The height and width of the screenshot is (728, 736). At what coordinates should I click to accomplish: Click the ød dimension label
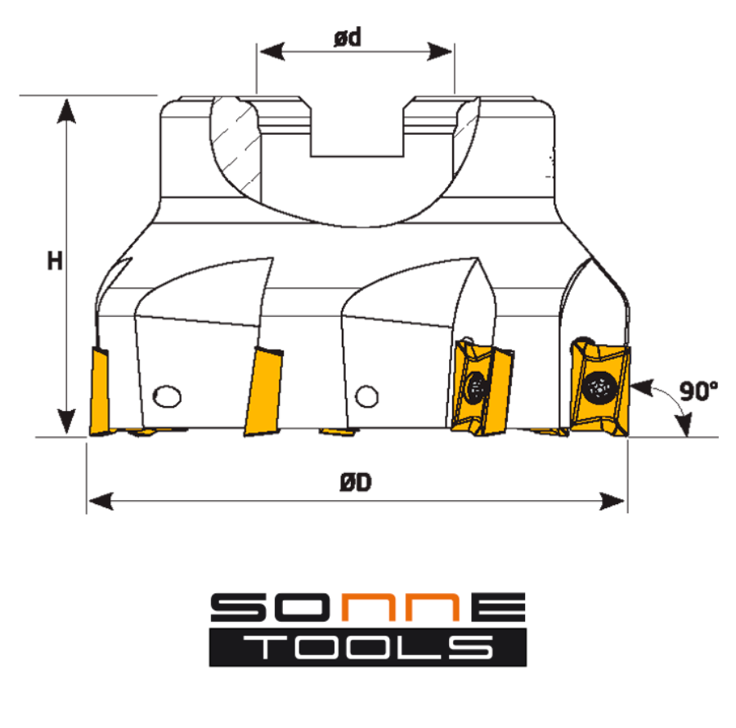tap(348, 38)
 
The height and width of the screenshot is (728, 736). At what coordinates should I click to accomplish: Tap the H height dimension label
tap(55, 261)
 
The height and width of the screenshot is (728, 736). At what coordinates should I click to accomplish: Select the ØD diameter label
tap(356, 482)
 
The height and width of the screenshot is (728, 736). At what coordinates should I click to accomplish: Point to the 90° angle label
tap(698, 391)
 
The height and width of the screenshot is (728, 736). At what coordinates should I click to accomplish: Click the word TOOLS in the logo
tap(368, 647)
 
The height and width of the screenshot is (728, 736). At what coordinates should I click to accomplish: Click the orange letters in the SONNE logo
tap(400, 607)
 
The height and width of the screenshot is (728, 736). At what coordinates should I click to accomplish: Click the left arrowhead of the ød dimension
tap(272, 51)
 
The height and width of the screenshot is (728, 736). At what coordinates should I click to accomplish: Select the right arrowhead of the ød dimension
tap(439, 51)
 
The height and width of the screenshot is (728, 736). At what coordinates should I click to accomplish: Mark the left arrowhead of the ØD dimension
tap(101, 501)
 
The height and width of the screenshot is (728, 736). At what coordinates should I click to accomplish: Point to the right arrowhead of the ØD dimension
tap(613, 501)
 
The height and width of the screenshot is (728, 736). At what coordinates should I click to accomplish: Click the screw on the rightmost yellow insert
tap(599, 387)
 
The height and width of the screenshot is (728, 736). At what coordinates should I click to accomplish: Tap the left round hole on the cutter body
tap(167, 397)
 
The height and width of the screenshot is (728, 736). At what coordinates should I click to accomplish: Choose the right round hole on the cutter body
tap(367, 397)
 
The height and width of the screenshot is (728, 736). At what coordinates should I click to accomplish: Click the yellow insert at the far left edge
tap(100, 391)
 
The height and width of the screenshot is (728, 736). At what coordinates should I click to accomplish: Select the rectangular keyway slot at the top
tap(357, 126)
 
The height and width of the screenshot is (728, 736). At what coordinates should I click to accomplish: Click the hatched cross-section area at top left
tap(236, 150)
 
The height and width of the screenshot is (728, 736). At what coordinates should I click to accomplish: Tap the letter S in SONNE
tap(239, 607)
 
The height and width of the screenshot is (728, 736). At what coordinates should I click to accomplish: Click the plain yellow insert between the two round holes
tap(264, 391)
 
